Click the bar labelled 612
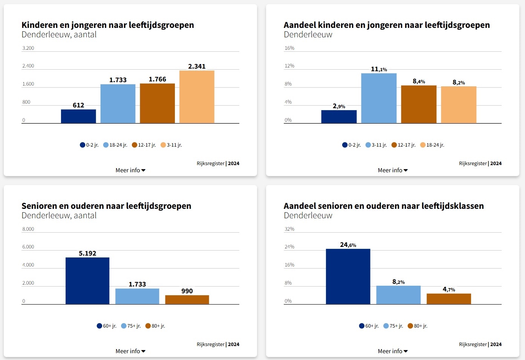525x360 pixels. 78,116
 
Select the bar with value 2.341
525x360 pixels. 197,97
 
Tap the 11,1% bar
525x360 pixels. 379,98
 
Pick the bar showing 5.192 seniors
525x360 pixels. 87,281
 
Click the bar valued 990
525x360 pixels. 187,300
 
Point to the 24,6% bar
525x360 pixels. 348,276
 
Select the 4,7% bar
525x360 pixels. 448,299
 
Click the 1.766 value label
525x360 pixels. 157,79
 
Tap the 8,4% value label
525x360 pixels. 419,81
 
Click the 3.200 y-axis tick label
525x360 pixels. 28,48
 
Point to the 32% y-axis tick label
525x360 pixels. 289,229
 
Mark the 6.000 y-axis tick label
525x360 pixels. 28,247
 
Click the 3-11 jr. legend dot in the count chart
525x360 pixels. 163,145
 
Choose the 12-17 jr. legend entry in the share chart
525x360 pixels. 404,145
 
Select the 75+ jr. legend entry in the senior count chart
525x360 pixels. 131,326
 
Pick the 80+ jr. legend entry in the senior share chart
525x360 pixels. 418,326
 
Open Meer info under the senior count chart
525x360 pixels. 130,351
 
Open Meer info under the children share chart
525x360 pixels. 393,170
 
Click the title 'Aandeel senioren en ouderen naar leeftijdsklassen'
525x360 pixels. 384,206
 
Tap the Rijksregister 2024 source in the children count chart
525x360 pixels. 218,164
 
